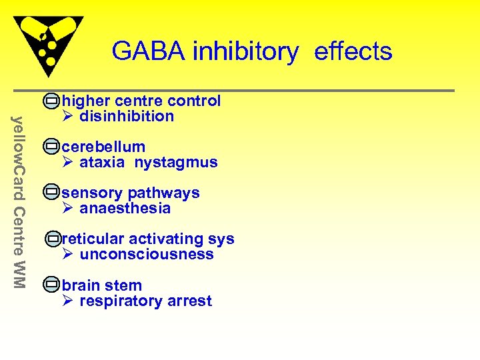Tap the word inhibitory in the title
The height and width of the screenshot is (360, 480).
[245, 52]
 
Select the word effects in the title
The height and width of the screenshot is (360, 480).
[353, 51]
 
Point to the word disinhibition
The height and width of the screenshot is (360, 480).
[127, 116]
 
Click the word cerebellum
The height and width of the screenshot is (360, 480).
[103, 147]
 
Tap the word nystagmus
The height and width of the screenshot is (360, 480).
[176, 162]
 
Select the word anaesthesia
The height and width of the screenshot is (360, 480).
[125, 208]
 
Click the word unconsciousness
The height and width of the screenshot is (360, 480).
[147, 254]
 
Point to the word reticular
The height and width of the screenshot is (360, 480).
[93, 239]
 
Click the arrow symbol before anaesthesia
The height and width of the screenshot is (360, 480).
[67, 208]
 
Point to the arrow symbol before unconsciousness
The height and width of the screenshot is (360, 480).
[67, 254]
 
